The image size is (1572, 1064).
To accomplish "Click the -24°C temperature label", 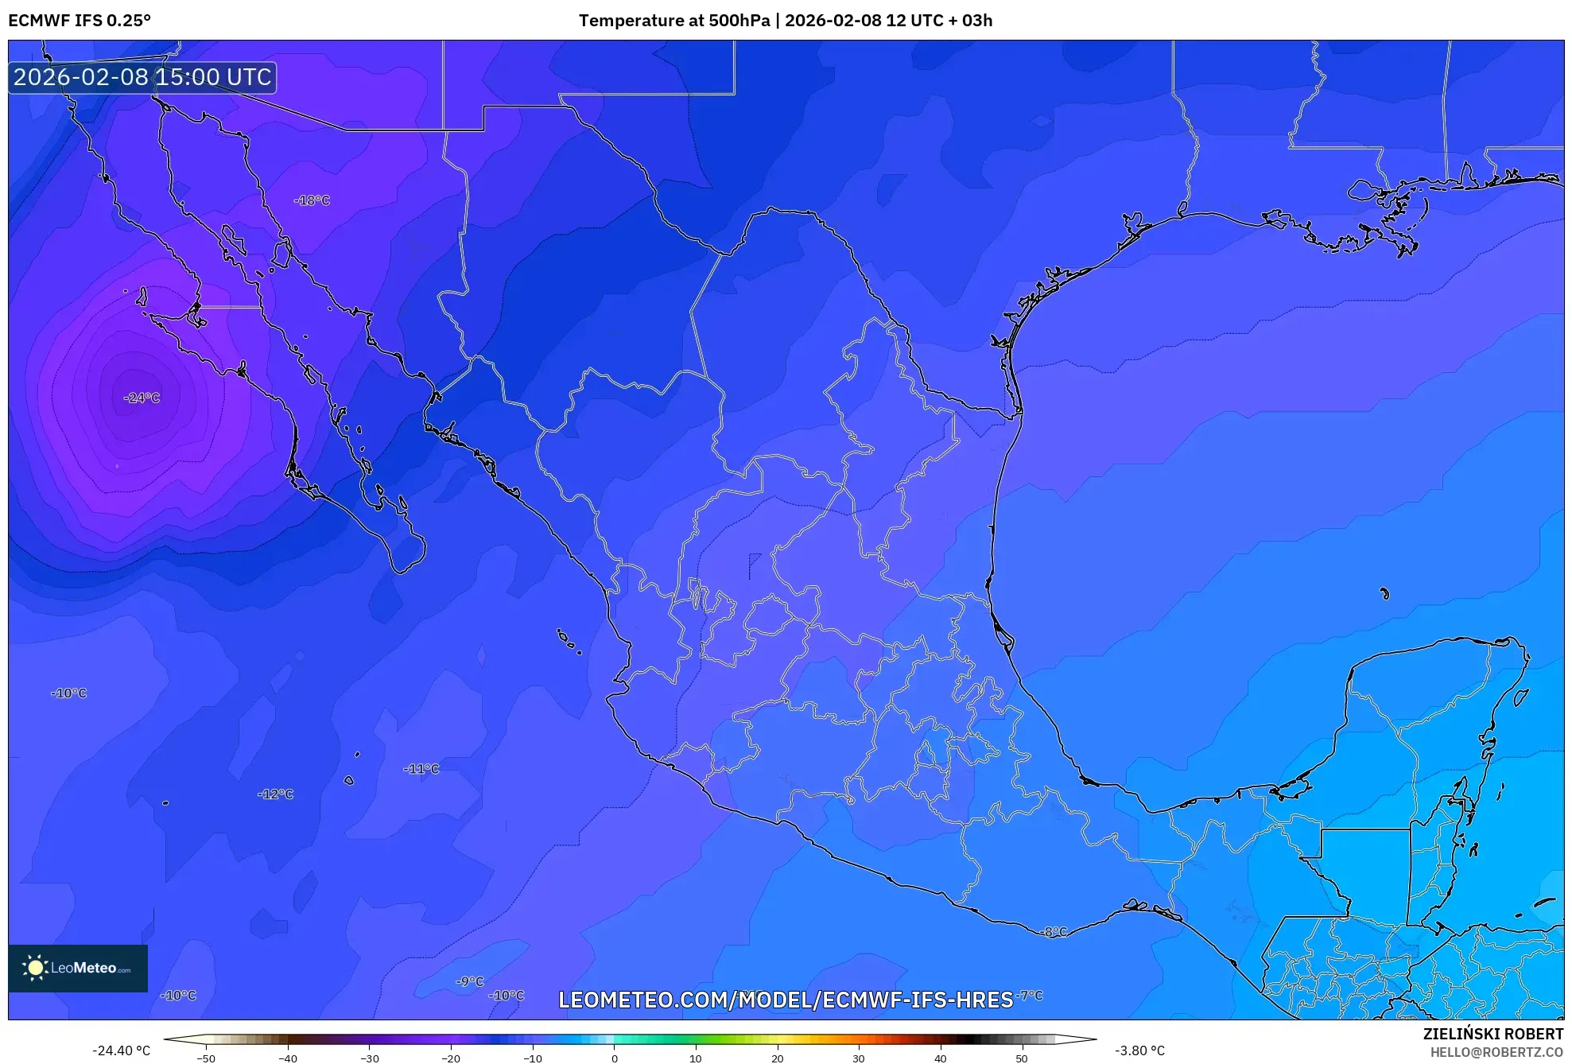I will (x=142, y=398).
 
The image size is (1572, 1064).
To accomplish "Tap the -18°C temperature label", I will (x=312, y=200).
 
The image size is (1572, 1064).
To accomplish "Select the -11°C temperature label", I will (x=421, y=769).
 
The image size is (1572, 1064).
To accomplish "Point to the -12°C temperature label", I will (x=276, y=794).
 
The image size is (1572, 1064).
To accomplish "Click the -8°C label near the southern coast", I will (x=1055, y=932).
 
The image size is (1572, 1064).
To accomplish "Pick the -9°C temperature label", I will (x=470, y=982).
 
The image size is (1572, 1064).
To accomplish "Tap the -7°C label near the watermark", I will (x=1031, y=996).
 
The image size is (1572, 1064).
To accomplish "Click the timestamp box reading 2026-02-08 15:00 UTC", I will (x=142, y=77).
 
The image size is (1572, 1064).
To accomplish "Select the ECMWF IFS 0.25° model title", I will (x=80, y=21).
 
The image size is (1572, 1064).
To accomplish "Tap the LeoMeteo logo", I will (x=78, y=968).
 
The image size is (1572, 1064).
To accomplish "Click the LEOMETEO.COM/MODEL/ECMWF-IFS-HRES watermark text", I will (x=786, y=1000).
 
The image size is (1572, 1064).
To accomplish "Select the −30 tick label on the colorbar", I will (x=369, y=1058).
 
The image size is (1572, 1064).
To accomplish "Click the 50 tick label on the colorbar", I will (x=1022, y=1058).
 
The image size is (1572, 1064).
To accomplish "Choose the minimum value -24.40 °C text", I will (x=121, y=1050).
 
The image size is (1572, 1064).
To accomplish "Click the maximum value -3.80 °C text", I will (x=1139, y=1050).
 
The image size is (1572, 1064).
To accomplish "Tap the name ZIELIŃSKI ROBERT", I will (x=1492, y=1034).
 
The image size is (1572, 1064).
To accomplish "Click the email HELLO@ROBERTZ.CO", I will (x=1496, y=1052).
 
